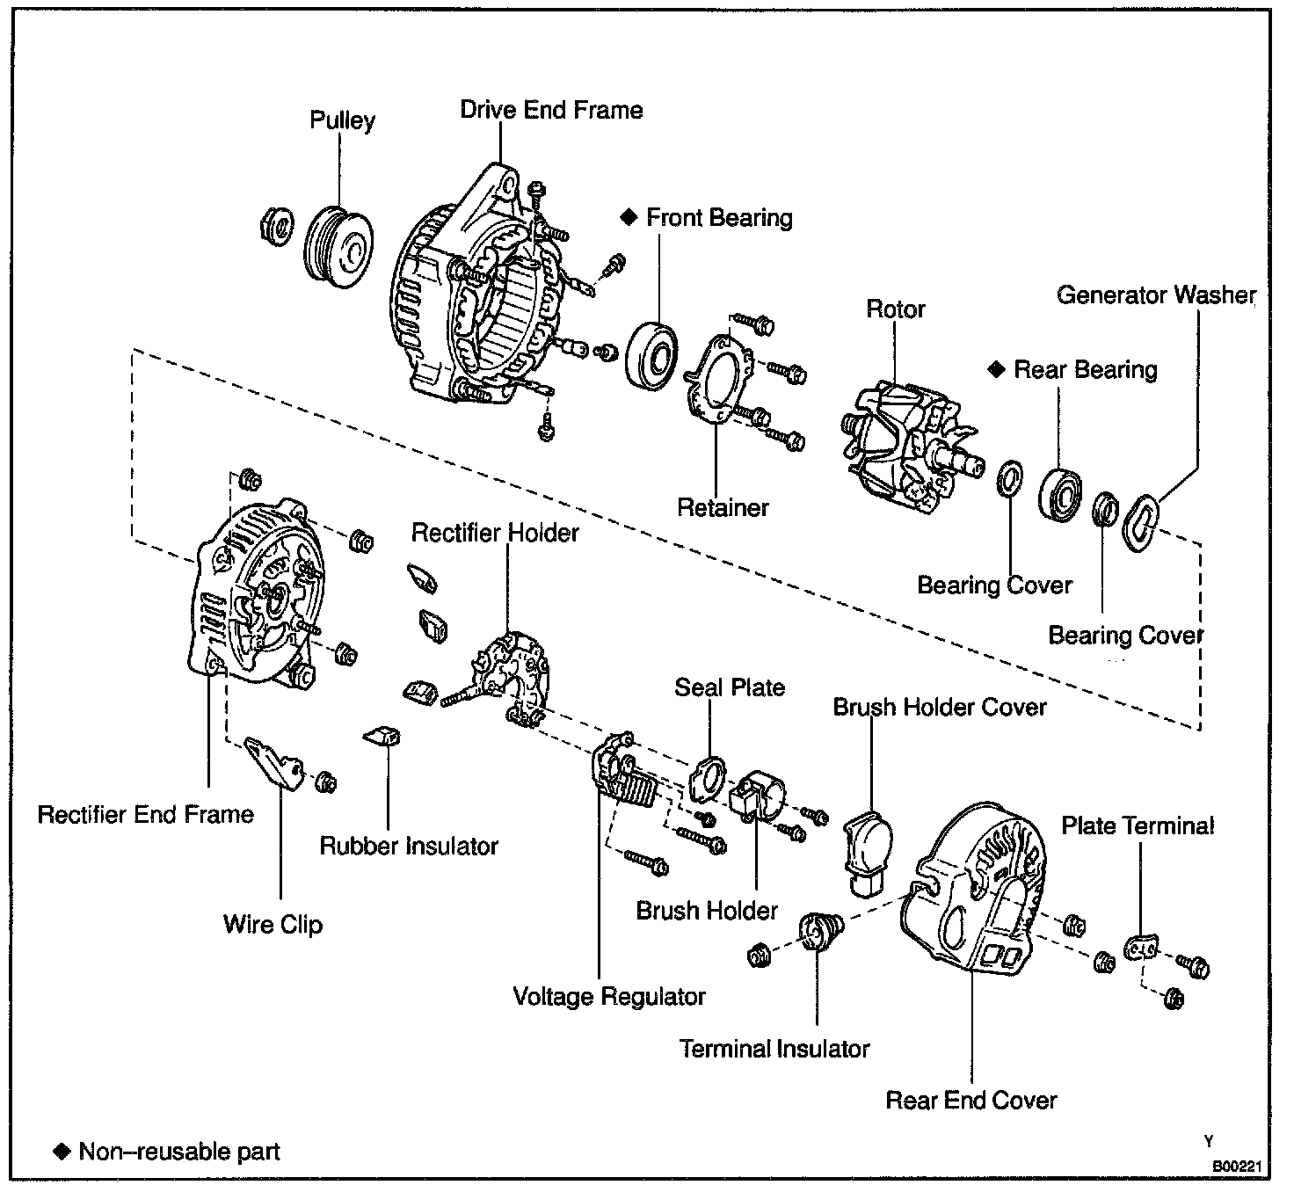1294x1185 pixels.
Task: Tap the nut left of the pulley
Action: pos(277,228)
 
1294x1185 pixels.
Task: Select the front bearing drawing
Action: pos(652,355)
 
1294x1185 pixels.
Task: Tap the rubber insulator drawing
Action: pos(384,736)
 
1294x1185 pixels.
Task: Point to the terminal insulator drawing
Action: pos(819,931)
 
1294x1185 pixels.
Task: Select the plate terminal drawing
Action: pos(1140,947)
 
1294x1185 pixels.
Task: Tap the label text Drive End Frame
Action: pos(551,111)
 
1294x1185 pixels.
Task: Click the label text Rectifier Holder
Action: pos(495,533)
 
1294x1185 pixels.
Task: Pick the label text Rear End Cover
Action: pos(970,1100)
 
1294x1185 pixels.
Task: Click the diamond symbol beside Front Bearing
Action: pos(628,217)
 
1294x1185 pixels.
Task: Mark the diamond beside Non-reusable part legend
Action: pos(62,1151)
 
